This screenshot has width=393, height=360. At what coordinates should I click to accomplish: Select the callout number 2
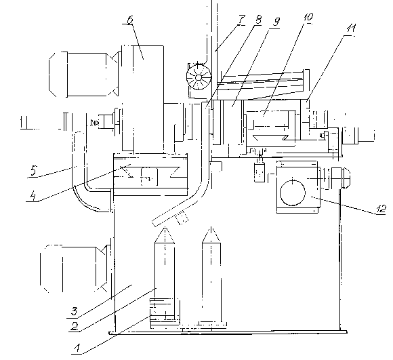[x=75, y=326]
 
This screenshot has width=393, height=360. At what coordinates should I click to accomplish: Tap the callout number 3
[x=74, y=311]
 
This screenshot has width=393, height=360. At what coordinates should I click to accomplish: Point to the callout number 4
[x=33, y=195]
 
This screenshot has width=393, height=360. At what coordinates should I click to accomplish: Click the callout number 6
[x=130, y=20]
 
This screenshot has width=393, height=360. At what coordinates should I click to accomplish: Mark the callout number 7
[x=242, y=19]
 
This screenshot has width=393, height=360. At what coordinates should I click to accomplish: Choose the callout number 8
[x=258, y=19]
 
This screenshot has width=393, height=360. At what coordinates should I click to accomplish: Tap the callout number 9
[x=276, y=22]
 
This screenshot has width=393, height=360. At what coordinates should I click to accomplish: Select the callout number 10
[x=308, y=17]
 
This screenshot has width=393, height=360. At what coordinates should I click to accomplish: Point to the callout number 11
[x=351, y=28]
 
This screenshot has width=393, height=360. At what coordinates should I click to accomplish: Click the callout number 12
[x=381, y=209]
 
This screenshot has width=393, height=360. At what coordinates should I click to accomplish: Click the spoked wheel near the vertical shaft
[x=199, y=77]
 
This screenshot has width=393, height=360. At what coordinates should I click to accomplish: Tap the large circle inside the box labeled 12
[x=293, y=193]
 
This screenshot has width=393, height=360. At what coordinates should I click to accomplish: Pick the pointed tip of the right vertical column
[x=211, y=227]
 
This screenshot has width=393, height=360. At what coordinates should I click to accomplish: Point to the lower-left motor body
[x=75, y=268]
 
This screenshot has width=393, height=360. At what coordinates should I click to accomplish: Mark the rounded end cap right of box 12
[x=346, y=178]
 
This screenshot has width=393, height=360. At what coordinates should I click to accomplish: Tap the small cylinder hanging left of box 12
[x=260, y=172]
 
